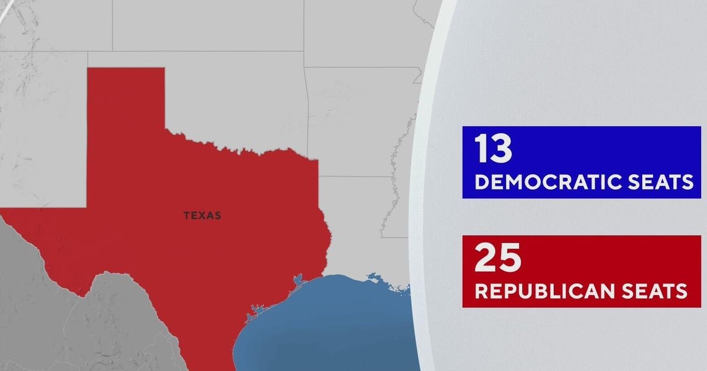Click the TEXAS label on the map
[x=202, y=216]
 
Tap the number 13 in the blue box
[x=494, y=150]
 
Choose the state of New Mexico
[x=41, y=130]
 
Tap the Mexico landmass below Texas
[x=118, y=330]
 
